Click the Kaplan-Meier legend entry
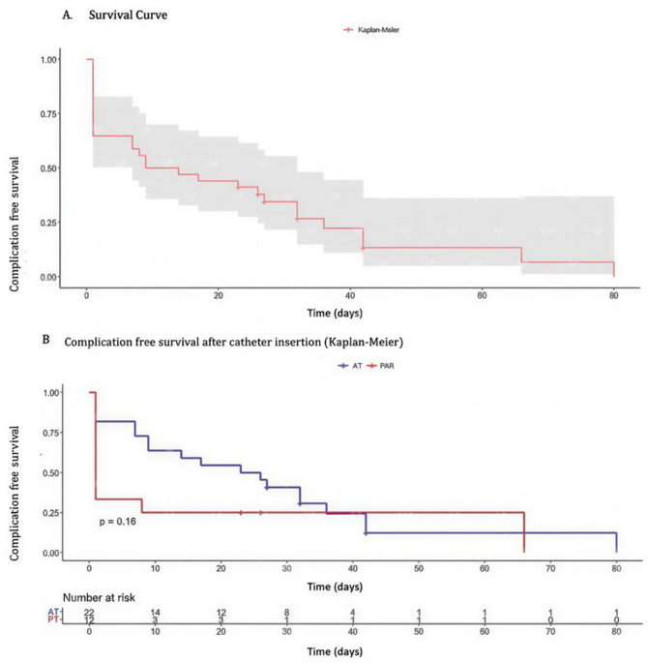coord(371,30)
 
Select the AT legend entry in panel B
coord(350,365)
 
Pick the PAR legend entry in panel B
coord(380,365)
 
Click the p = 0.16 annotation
coord(117,522)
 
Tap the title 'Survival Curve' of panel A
coord(128,15)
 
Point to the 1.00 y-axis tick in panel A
coord(48,60)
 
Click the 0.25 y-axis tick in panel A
coord(48,223)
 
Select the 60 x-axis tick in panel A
coord(482,295)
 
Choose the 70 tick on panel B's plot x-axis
coord(550,569)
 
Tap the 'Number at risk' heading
coord(99,597)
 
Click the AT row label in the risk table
coord(53,612)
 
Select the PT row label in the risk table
coord(53,619)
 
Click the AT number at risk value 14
coord(155,613)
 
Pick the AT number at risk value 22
coord(89,613)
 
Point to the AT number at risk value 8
coord(287,613)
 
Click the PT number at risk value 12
coord(89,620)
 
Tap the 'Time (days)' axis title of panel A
coord(335,313)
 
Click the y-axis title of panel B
coord(15,493)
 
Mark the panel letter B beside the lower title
coord(46,340)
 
